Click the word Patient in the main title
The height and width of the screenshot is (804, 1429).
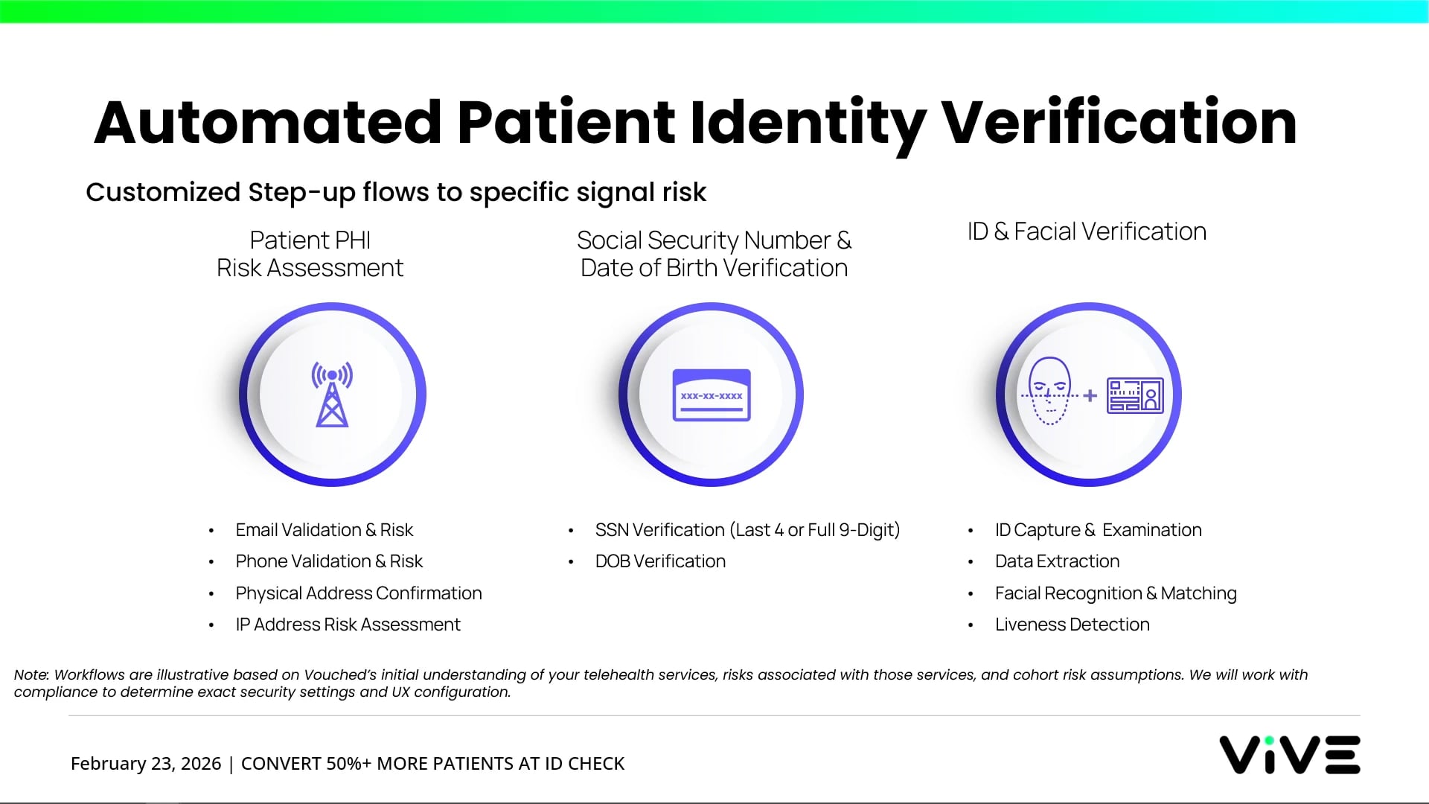click(x=566, y=123)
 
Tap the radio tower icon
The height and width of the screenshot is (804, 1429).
click(x=332, y=395)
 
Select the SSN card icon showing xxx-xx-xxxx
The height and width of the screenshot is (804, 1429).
click(x=712, y=395)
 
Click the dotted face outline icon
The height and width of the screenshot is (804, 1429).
click(x=1049, y=392)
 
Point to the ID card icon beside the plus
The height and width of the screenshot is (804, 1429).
click(x=1135, y=395)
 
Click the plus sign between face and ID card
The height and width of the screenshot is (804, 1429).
click(x=1090, y=396)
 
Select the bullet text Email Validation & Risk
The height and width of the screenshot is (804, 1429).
click(x=324, y=530)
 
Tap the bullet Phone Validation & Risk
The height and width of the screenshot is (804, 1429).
click(x=329, y=561)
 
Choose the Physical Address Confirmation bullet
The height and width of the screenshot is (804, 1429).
click(x=359, y=593)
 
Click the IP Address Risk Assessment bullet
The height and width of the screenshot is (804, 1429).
click(x=348, y=625)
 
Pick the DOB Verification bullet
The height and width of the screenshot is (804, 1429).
click(x=660, y=561)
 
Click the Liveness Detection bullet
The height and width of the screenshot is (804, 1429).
click(x=1072, y=625)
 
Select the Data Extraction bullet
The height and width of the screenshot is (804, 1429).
click(x=1057, y=561)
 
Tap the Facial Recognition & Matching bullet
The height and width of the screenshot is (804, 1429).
click(x=1116, y=593)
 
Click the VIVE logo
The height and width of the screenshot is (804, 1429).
click(x=1289, y=755)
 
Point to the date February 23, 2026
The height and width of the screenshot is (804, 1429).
click(x=146, y=764)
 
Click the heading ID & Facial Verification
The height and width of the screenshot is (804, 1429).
click(x=1087, y=232)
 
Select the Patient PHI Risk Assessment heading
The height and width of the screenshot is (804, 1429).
click(x=310, y=254)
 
